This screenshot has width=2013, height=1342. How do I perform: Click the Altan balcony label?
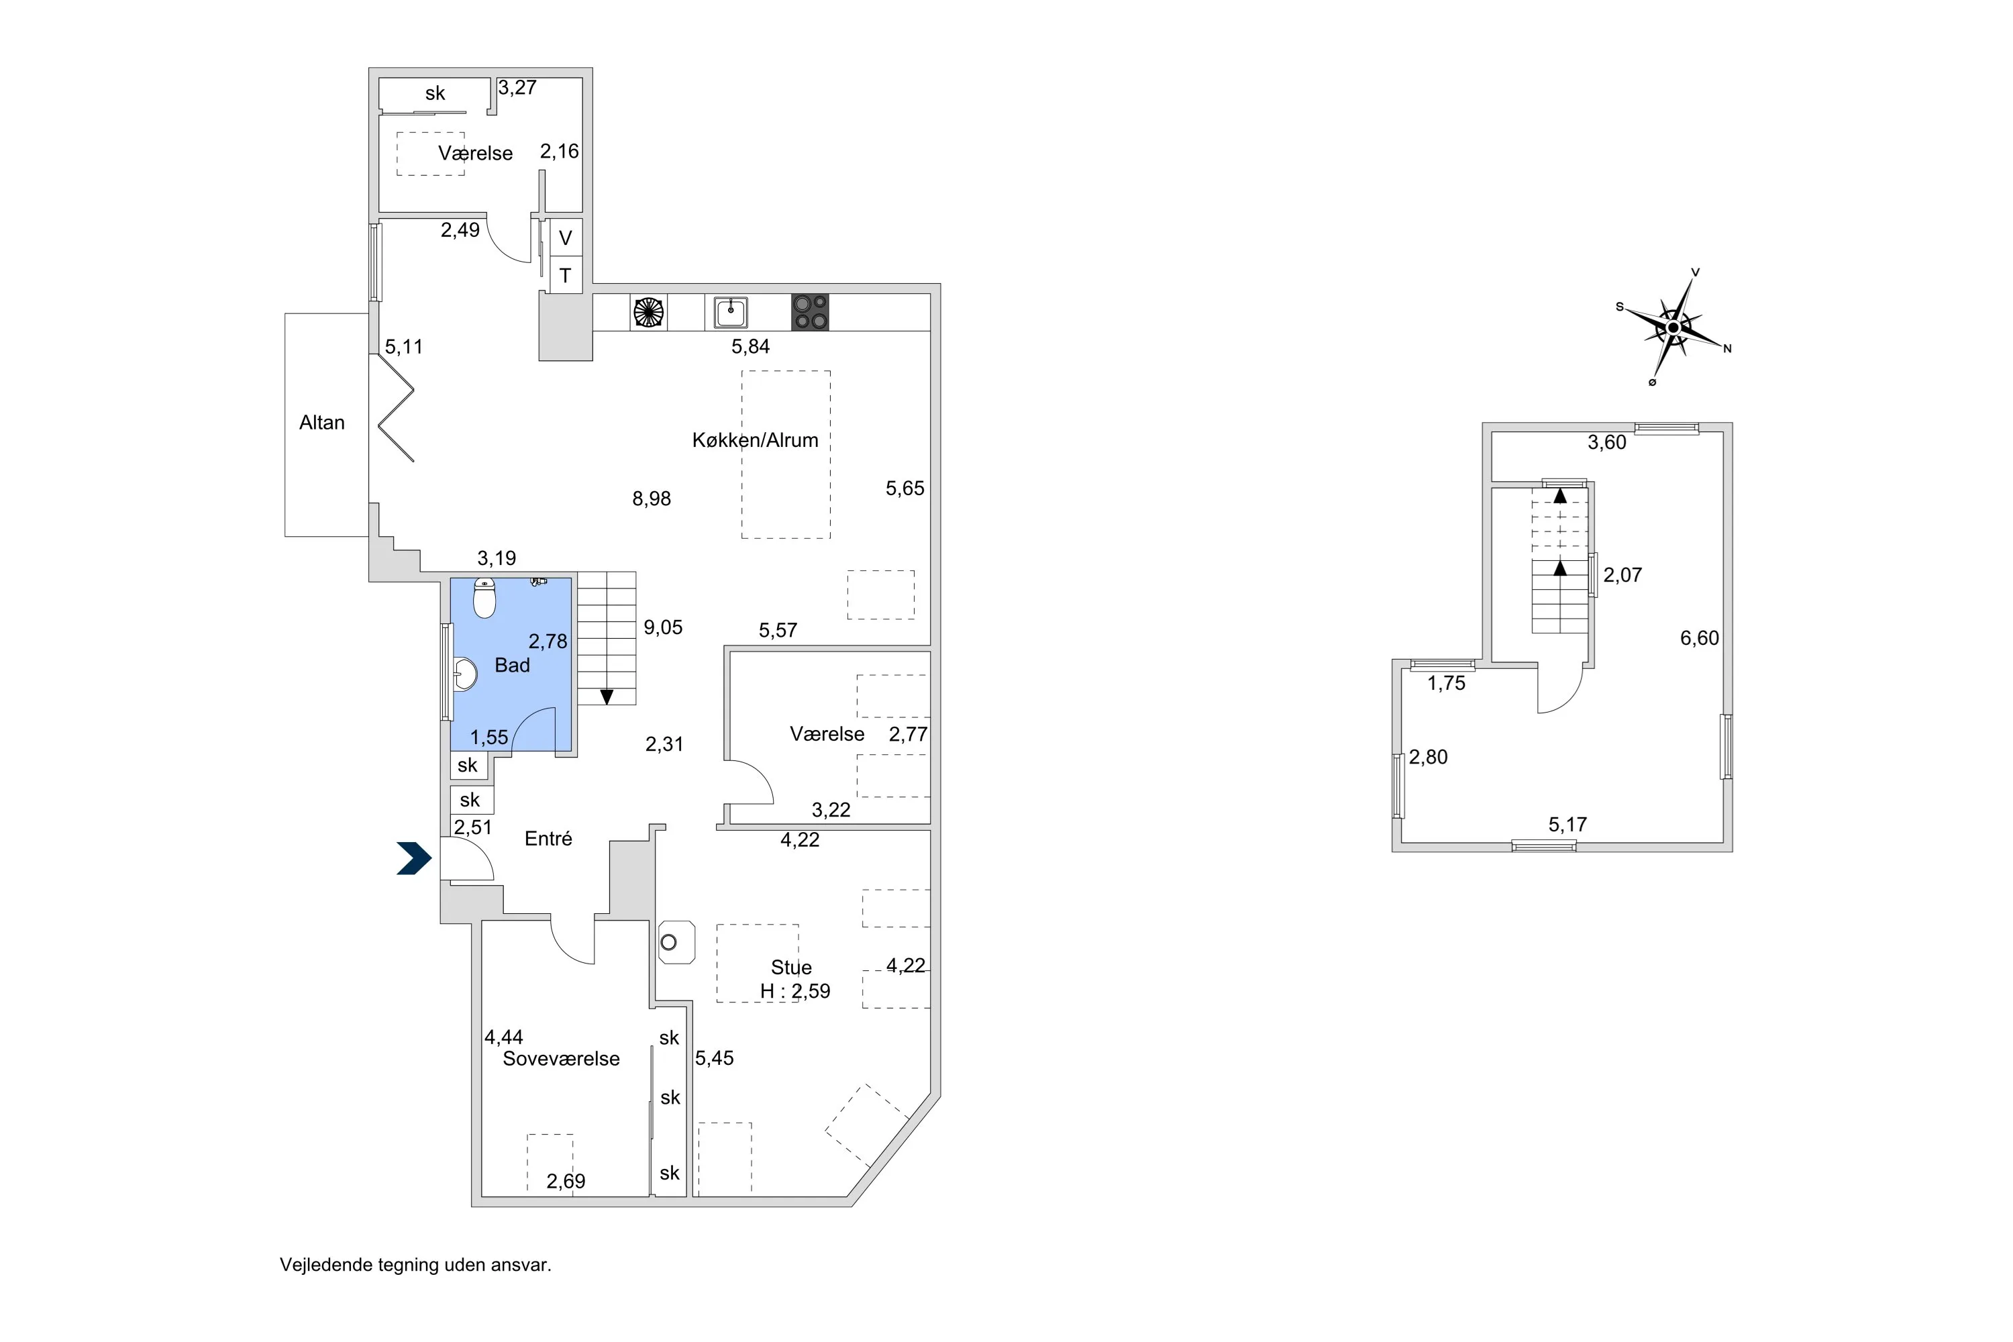(x=322, y=423)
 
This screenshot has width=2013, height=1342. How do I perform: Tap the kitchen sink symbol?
(x=731, y=313)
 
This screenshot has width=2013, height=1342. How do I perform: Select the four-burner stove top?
(x=810, y=313)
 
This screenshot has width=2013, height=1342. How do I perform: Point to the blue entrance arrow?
(x=414, y=858)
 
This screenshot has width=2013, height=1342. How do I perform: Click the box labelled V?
(x=566, y=238)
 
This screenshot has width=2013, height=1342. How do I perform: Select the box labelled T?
(x=566, y=276)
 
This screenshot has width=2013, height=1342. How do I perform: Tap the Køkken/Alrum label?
(x=755, y=440)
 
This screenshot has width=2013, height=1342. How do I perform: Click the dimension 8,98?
(x=652, y=499)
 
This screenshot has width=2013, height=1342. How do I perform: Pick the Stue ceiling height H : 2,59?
(x=795, y=991)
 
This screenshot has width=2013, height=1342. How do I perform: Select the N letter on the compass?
(x=1727, y=348)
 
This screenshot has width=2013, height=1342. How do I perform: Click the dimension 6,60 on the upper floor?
(x=1699, y=639)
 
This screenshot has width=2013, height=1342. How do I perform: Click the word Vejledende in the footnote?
(x=325, y=1265)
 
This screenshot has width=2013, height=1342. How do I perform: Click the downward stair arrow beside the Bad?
(x=607, y=696)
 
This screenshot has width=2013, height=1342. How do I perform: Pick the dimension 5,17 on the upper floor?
(x=1567, y=825)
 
